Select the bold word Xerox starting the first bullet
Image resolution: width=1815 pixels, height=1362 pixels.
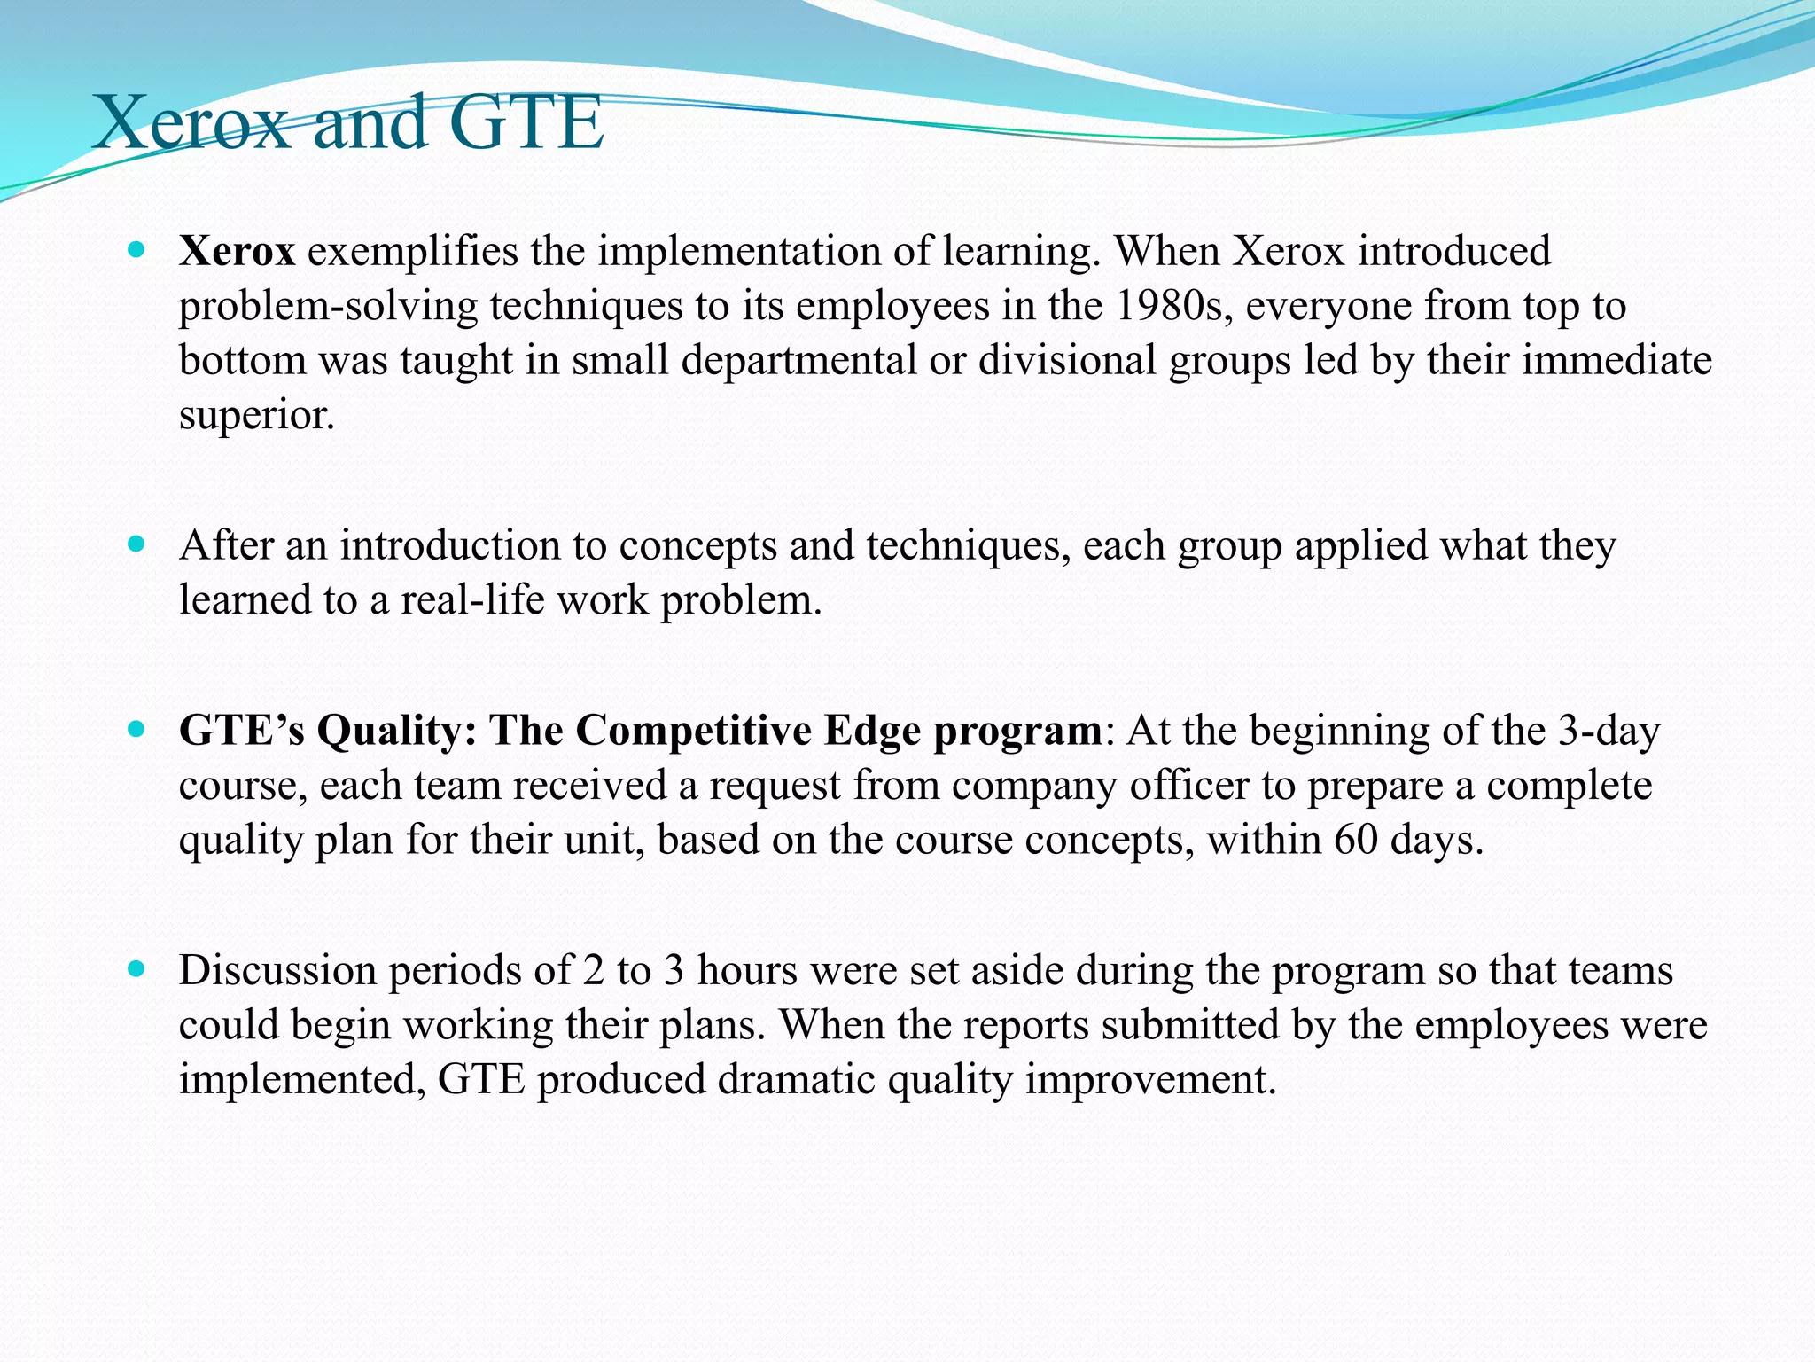click(x=237, y=251)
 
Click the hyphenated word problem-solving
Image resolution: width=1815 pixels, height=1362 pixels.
click(x=328, y=307)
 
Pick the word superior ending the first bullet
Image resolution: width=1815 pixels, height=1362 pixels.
click(x=256, y=415)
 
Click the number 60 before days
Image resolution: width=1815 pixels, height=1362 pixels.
click(x=1356, y=840)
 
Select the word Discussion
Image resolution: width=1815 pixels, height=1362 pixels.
click(x=277, y=970)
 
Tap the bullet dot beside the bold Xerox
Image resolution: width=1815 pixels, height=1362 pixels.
click(x=136, y=251)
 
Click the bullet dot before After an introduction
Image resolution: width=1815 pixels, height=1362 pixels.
click(x=136, y=544)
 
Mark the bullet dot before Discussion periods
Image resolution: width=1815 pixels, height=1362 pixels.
click(x=136, y=969)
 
